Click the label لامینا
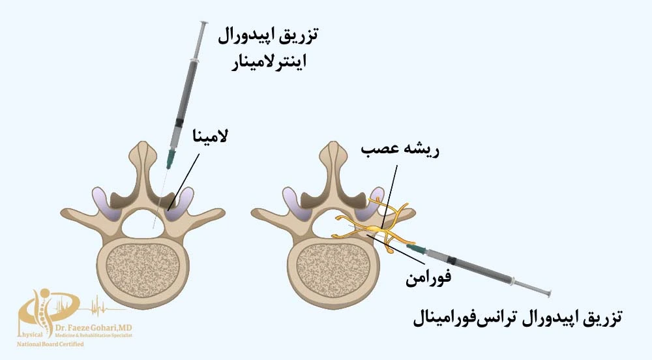click(211, 137)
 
